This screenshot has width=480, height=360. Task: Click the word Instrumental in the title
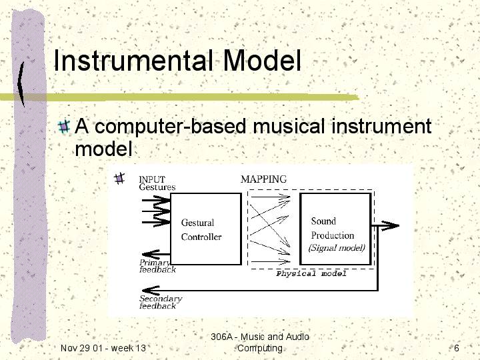pyautogui.click(x=133, y=60)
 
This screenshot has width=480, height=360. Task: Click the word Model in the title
pyautogui.click(x=263, y=60)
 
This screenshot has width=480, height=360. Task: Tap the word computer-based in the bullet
pyautogui.click(x=171, y=126)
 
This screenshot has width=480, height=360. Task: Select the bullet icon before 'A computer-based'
pyautogui.click(x=64, y=126)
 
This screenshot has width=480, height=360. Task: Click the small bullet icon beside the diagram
pyautogui.click(x=119, y=178)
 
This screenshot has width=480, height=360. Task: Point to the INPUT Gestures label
pyautogui.click(x=157, y=183)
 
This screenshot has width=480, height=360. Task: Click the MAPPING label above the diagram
pyautogui.click(x=263, y=179)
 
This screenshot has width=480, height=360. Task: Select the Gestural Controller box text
pyautogui.click(x=201, y=229)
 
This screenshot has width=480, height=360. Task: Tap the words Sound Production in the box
pyautogui.click(x=333, y=228)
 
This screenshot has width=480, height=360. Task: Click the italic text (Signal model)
pyautogui.click(x=337, y=247)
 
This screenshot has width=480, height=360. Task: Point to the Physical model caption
pyautogui.click(x=311, y=273)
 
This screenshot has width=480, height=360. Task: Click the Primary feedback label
pyautogui.click(x=157, y=266)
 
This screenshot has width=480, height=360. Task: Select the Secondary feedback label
pyautogui.click(x=161, y=302)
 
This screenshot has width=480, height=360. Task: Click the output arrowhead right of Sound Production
pyautogui.click(x=391, y=226)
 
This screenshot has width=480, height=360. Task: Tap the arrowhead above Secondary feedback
pyautogui.click(x=151, y=290)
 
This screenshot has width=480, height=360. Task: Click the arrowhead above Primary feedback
pyautogui.click(x=151, y=254)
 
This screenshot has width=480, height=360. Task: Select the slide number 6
pyautogui.click(x=457, y=348)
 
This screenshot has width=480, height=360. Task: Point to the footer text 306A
pyautogui.click(x=221, y=337)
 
